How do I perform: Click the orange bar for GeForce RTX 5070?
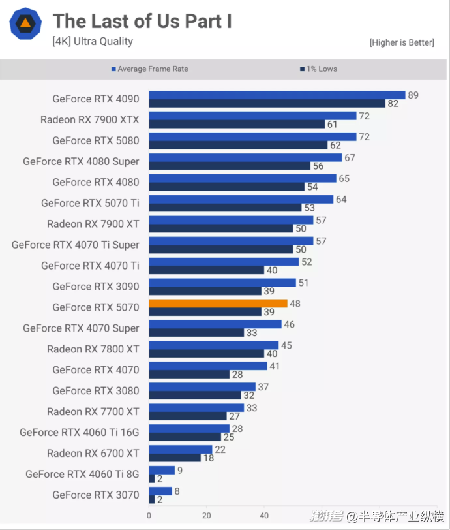click(218, 304)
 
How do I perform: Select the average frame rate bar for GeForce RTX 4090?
click(277, 95)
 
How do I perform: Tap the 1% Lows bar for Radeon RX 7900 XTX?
click(236, 124)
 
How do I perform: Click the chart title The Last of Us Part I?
click(142, 21)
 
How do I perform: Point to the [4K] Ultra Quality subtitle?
click(93, 41)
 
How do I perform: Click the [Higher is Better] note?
click(401, 42)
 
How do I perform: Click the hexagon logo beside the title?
click(25, 23)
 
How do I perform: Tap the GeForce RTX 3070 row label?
click(96, 495)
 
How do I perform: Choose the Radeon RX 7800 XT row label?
click(93, 349)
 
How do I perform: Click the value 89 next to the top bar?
click(413, 95)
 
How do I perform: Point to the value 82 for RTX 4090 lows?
click(393, 103)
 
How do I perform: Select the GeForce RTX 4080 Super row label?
click(81, 161)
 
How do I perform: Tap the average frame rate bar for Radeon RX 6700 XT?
click(180, 450)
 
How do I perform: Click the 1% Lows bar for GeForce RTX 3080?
click(194, 395)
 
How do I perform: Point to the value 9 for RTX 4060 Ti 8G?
click(180, 470)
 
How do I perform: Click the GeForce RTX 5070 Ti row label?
click(90, 203)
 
